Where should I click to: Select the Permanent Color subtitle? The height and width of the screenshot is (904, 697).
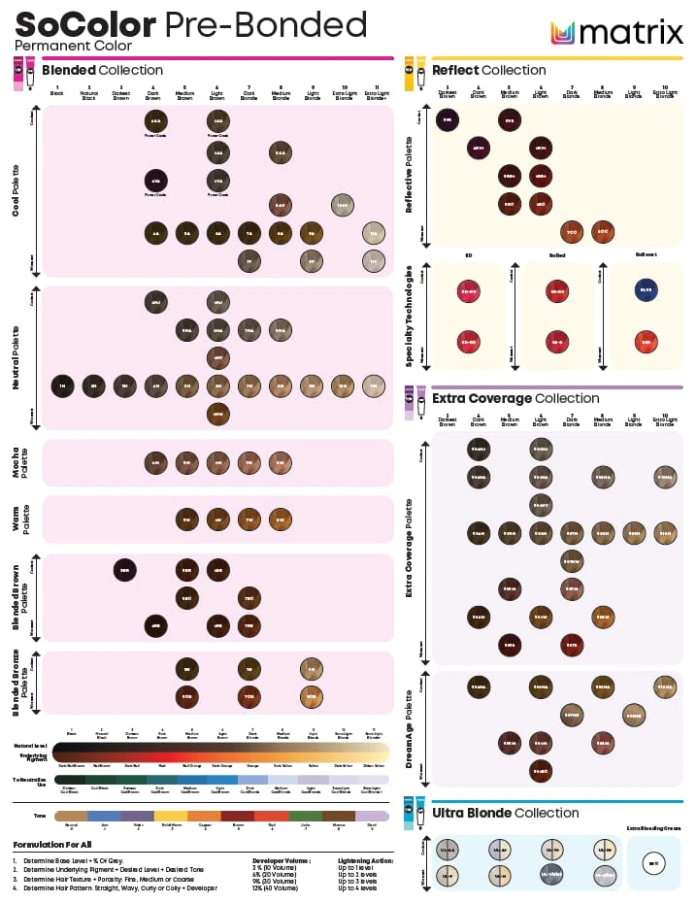54,46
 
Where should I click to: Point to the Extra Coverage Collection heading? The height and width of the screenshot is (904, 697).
515,398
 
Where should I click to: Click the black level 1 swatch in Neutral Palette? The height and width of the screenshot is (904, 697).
63,385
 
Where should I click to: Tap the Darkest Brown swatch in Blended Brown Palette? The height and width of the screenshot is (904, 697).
124,570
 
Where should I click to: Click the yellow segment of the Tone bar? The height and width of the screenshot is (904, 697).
172,817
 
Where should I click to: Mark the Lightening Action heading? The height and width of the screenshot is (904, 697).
363,860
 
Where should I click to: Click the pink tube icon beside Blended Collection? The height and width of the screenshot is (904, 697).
18,75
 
